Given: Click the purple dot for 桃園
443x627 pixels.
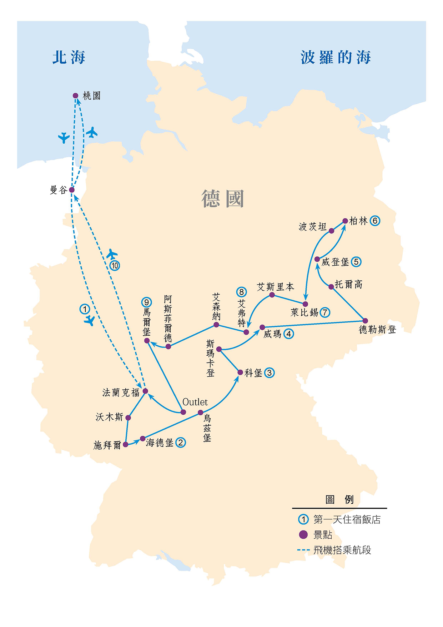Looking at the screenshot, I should [x=75, y=95].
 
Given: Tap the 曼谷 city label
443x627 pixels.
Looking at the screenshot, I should [x=59, y=190].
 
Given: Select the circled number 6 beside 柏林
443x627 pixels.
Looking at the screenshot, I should [x=375, y=221].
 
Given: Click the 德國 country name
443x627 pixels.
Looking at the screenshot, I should [x=223, y=199].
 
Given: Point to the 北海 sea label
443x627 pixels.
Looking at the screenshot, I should [x=69, y=57].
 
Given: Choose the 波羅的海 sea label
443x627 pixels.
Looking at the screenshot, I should [x=336, y=57].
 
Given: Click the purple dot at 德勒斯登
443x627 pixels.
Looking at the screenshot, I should [x=365, y=321].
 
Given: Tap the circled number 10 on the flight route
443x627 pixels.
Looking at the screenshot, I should [x=115, y=266].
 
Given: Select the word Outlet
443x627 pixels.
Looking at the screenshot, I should [x=195, y=402].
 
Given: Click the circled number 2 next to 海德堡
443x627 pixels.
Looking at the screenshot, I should [x=181, y=443].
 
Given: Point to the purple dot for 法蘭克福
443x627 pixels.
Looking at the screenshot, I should [x=145, y=391].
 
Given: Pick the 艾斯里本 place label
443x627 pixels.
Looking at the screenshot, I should [x=275, y=287].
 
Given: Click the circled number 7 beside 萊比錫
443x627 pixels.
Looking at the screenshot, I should [x=325, y=312].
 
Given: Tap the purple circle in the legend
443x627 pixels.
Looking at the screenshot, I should [x=303, y=534].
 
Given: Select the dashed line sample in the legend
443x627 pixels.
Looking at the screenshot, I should [x=303, y=550].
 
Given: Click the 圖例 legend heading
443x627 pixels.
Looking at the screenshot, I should [x=339, y=499].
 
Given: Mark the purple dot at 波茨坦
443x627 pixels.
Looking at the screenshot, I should [x=331, y=231].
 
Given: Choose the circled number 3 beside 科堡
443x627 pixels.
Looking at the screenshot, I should [x=270, y=373].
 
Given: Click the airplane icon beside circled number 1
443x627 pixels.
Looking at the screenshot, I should [x=90, y=321].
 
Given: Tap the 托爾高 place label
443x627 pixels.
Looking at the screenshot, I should [x=348, y=284].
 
